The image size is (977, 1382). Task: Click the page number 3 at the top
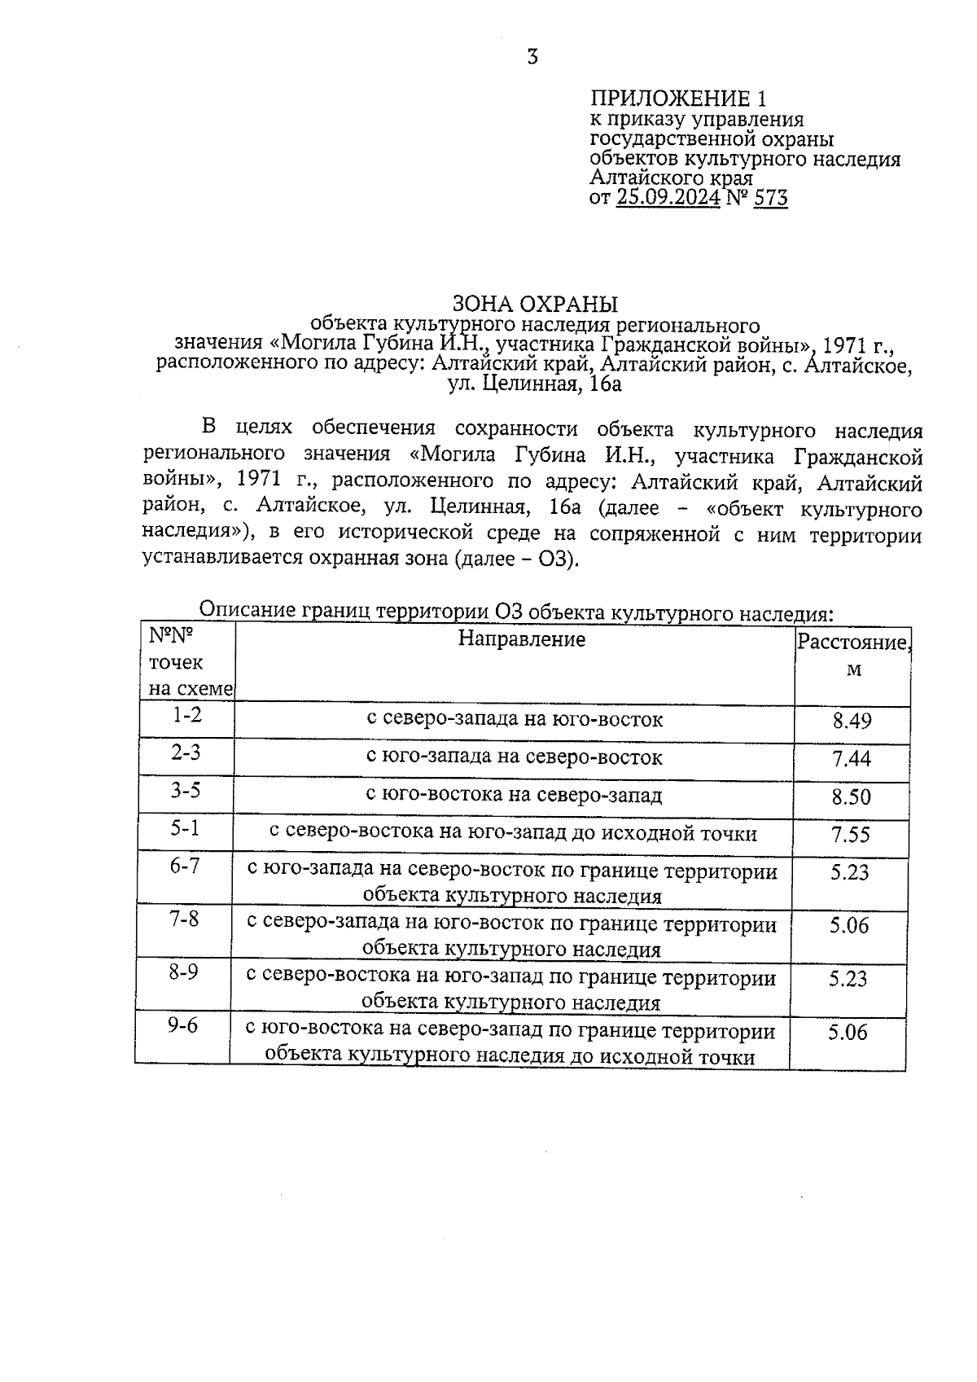[x=532, y=57]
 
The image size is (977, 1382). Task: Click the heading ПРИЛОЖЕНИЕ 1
[x=677, y=99]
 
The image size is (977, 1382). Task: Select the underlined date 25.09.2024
[x=668, y=197]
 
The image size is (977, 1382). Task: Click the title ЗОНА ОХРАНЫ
[x=535, y=304]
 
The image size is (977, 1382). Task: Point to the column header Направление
[x=521, y=639]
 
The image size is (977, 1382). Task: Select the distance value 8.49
[x=852, y=721]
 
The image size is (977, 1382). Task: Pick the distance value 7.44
[x=852, y=759]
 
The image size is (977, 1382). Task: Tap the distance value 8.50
[x=851, y=796]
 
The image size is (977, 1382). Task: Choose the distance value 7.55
[x=850, y=834]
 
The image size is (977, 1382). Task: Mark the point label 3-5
[x=186, y=790]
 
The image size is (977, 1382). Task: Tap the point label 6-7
[x=185, y=866]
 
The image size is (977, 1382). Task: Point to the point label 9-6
[x=183, y=1025]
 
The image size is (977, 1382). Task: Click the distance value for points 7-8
[x=849, y=925]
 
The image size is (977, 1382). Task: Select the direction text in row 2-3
[x=515, y=757]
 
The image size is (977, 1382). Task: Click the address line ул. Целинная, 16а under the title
[x=535, y=384]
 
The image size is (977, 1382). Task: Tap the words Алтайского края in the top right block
[x=671, y=178]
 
